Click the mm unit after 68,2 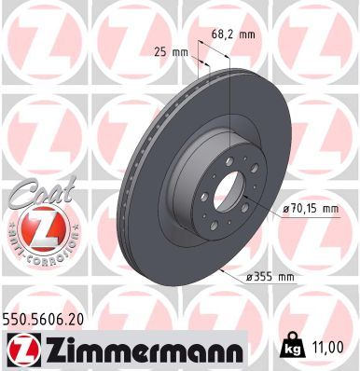point(246,34)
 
